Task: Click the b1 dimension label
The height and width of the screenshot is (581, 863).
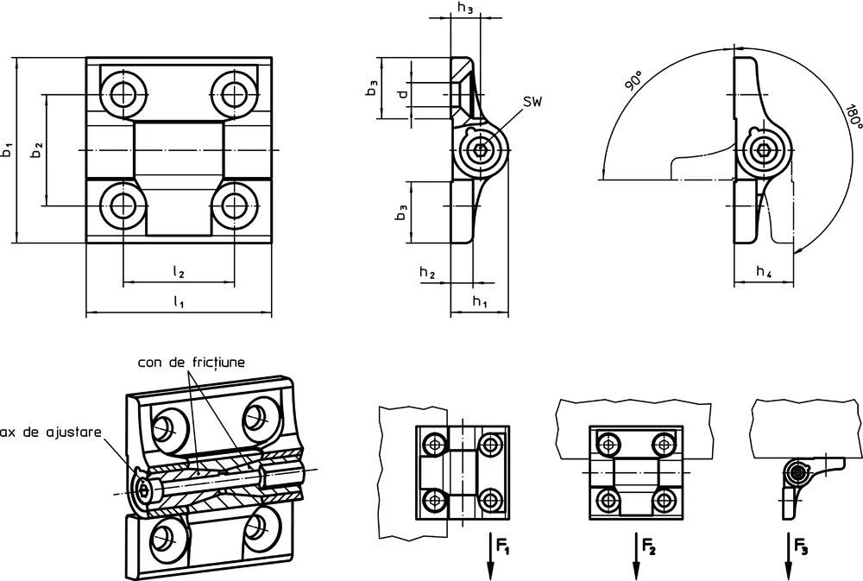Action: coord(7,149)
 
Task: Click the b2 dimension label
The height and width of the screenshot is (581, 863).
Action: coord(36,150)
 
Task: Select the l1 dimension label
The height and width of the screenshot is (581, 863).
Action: coord(179,301)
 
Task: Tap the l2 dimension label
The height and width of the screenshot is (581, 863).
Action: coord(179,271)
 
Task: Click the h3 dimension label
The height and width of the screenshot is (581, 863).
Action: coord(466,9)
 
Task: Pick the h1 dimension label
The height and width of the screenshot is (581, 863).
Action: coord(480,301)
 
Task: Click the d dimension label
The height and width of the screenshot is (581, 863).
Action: coord(403,93)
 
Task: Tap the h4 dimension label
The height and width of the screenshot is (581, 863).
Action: coord(764,271)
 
